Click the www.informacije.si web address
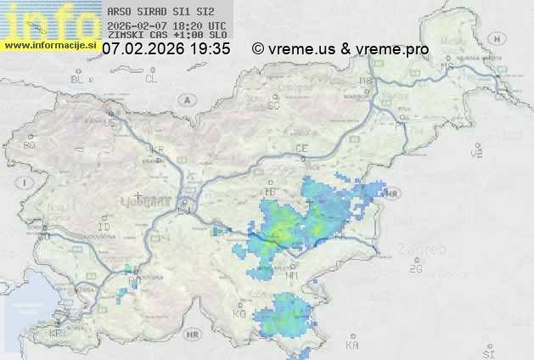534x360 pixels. coord(50,45)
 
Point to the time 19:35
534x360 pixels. coord(211,49)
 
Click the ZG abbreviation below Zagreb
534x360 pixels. coord(415,269)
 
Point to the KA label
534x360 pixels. coord(352,346)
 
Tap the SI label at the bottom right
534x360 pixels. coord(487,352)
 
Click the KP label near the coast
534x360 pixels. coord(56,334)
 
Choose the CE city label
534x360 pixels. coord(301,149)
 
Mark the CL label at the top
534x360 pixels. coord(151,79)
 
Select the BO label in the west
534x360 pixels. coord(30,145)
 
